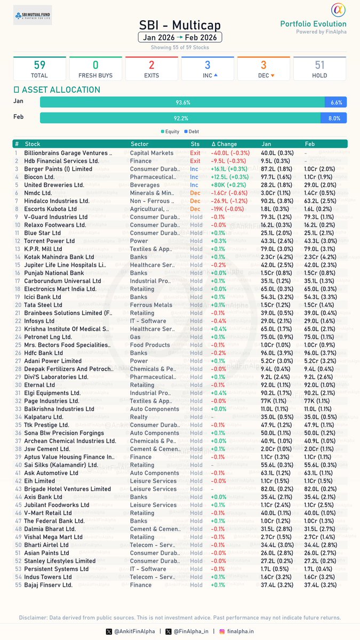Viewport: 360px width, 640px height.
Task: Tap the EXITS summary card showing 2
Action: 151,69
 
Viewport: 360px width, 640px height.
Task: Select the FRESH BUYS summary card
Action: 95,69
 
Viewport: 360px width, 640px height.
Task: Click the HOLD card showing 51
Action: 319,69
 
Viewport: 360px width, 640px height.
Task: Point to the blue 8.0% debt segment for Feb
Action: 334,118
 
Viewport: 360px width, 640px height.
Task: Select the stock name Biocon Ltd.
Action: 39,177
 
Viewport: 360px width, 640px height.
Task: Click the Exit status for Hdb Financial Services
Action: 195,161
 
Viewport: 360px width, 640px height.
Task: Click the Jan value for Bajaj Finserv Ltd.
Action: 276,585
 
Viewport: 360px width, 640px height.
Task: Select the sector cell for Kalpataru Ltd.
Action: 139,417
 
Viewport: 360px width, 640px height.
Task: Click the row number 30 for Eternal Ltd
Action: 17,385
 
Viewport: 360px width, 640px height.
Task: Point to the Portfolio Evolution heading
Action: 313,23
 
